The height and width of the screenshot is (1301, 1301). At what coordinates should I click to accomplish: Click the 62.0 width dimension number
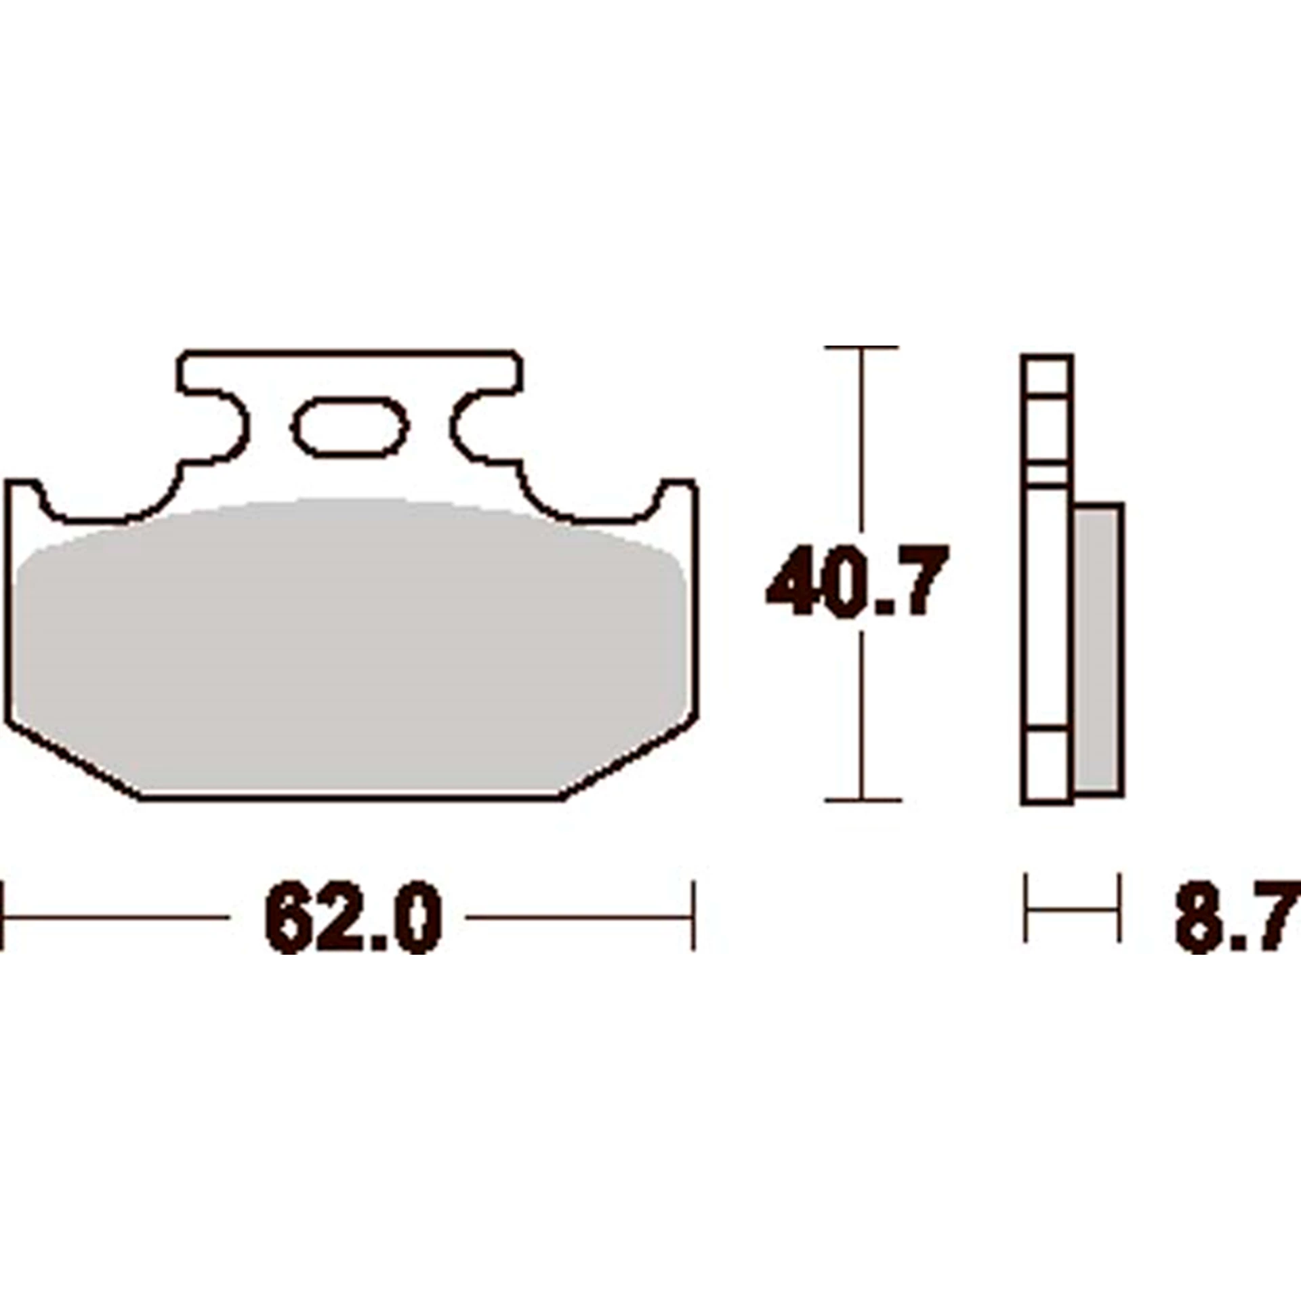353,918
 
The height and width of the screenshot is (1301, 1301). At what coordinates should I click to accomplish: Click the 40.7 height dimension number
857,581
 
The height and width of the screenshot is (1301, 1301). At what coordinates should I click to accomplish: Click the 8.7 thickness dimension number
1237,918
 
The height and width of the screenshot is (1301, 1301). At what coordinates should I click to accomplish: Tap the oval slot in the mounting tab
350,428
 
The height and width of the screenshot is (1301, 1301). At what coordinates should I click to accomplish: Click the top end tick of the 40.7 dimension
861,348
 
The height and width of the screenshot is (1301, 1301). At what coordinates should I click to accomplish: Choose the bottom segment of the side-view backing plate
1048,766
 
